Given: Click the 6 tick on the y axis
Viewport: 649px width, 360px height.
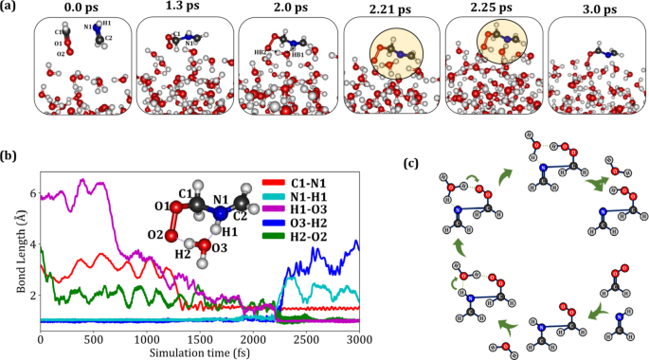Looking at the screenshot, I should [32, 193].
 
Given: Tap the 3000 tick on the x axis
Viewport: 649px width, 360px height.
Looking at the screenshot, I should [357, 338].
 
